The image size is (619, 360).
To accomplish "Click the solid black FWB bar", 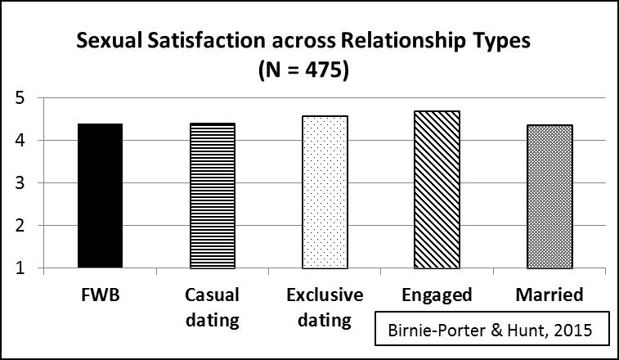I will (x=100, y=196).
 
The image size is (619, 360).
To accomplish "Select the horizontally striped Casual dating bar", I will (x=212, y=196).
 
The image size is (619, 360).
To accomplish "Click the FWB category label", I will (x=100, y=294).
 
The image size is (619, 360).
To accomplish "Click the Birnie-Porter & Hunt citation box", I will (x=483, y=332).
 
